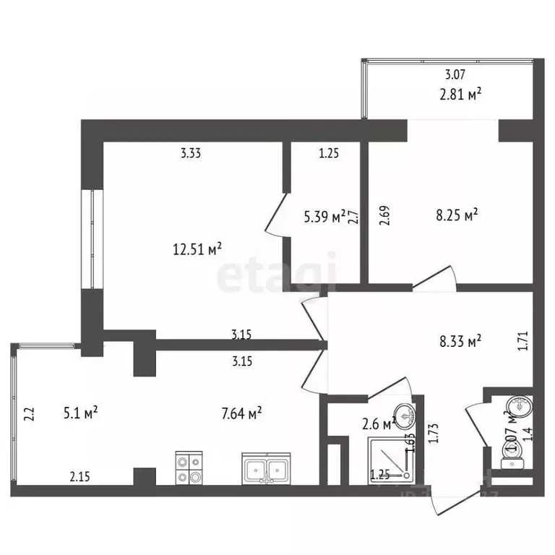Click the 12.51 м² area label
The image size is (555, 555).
pos(197,249)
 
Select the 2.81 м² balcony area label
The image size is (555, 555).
pos(460,93)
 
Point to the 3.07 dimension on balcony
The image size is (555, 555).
pos(455,74)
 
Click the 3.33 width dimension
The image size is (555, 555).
pos(191,153)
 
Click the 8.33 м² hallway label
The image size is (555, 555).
pos(460,342)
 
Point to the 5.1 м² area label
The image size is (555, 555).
pos(80,413)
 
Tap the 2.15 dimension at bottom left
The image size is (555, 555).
pos(80,476)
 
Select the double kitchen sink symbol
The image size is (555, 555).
pos(266,470)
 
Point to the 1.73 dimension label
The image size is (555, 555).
pos(434,432)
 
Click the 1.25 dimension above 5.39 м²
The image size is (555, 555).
pos(329,153)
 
